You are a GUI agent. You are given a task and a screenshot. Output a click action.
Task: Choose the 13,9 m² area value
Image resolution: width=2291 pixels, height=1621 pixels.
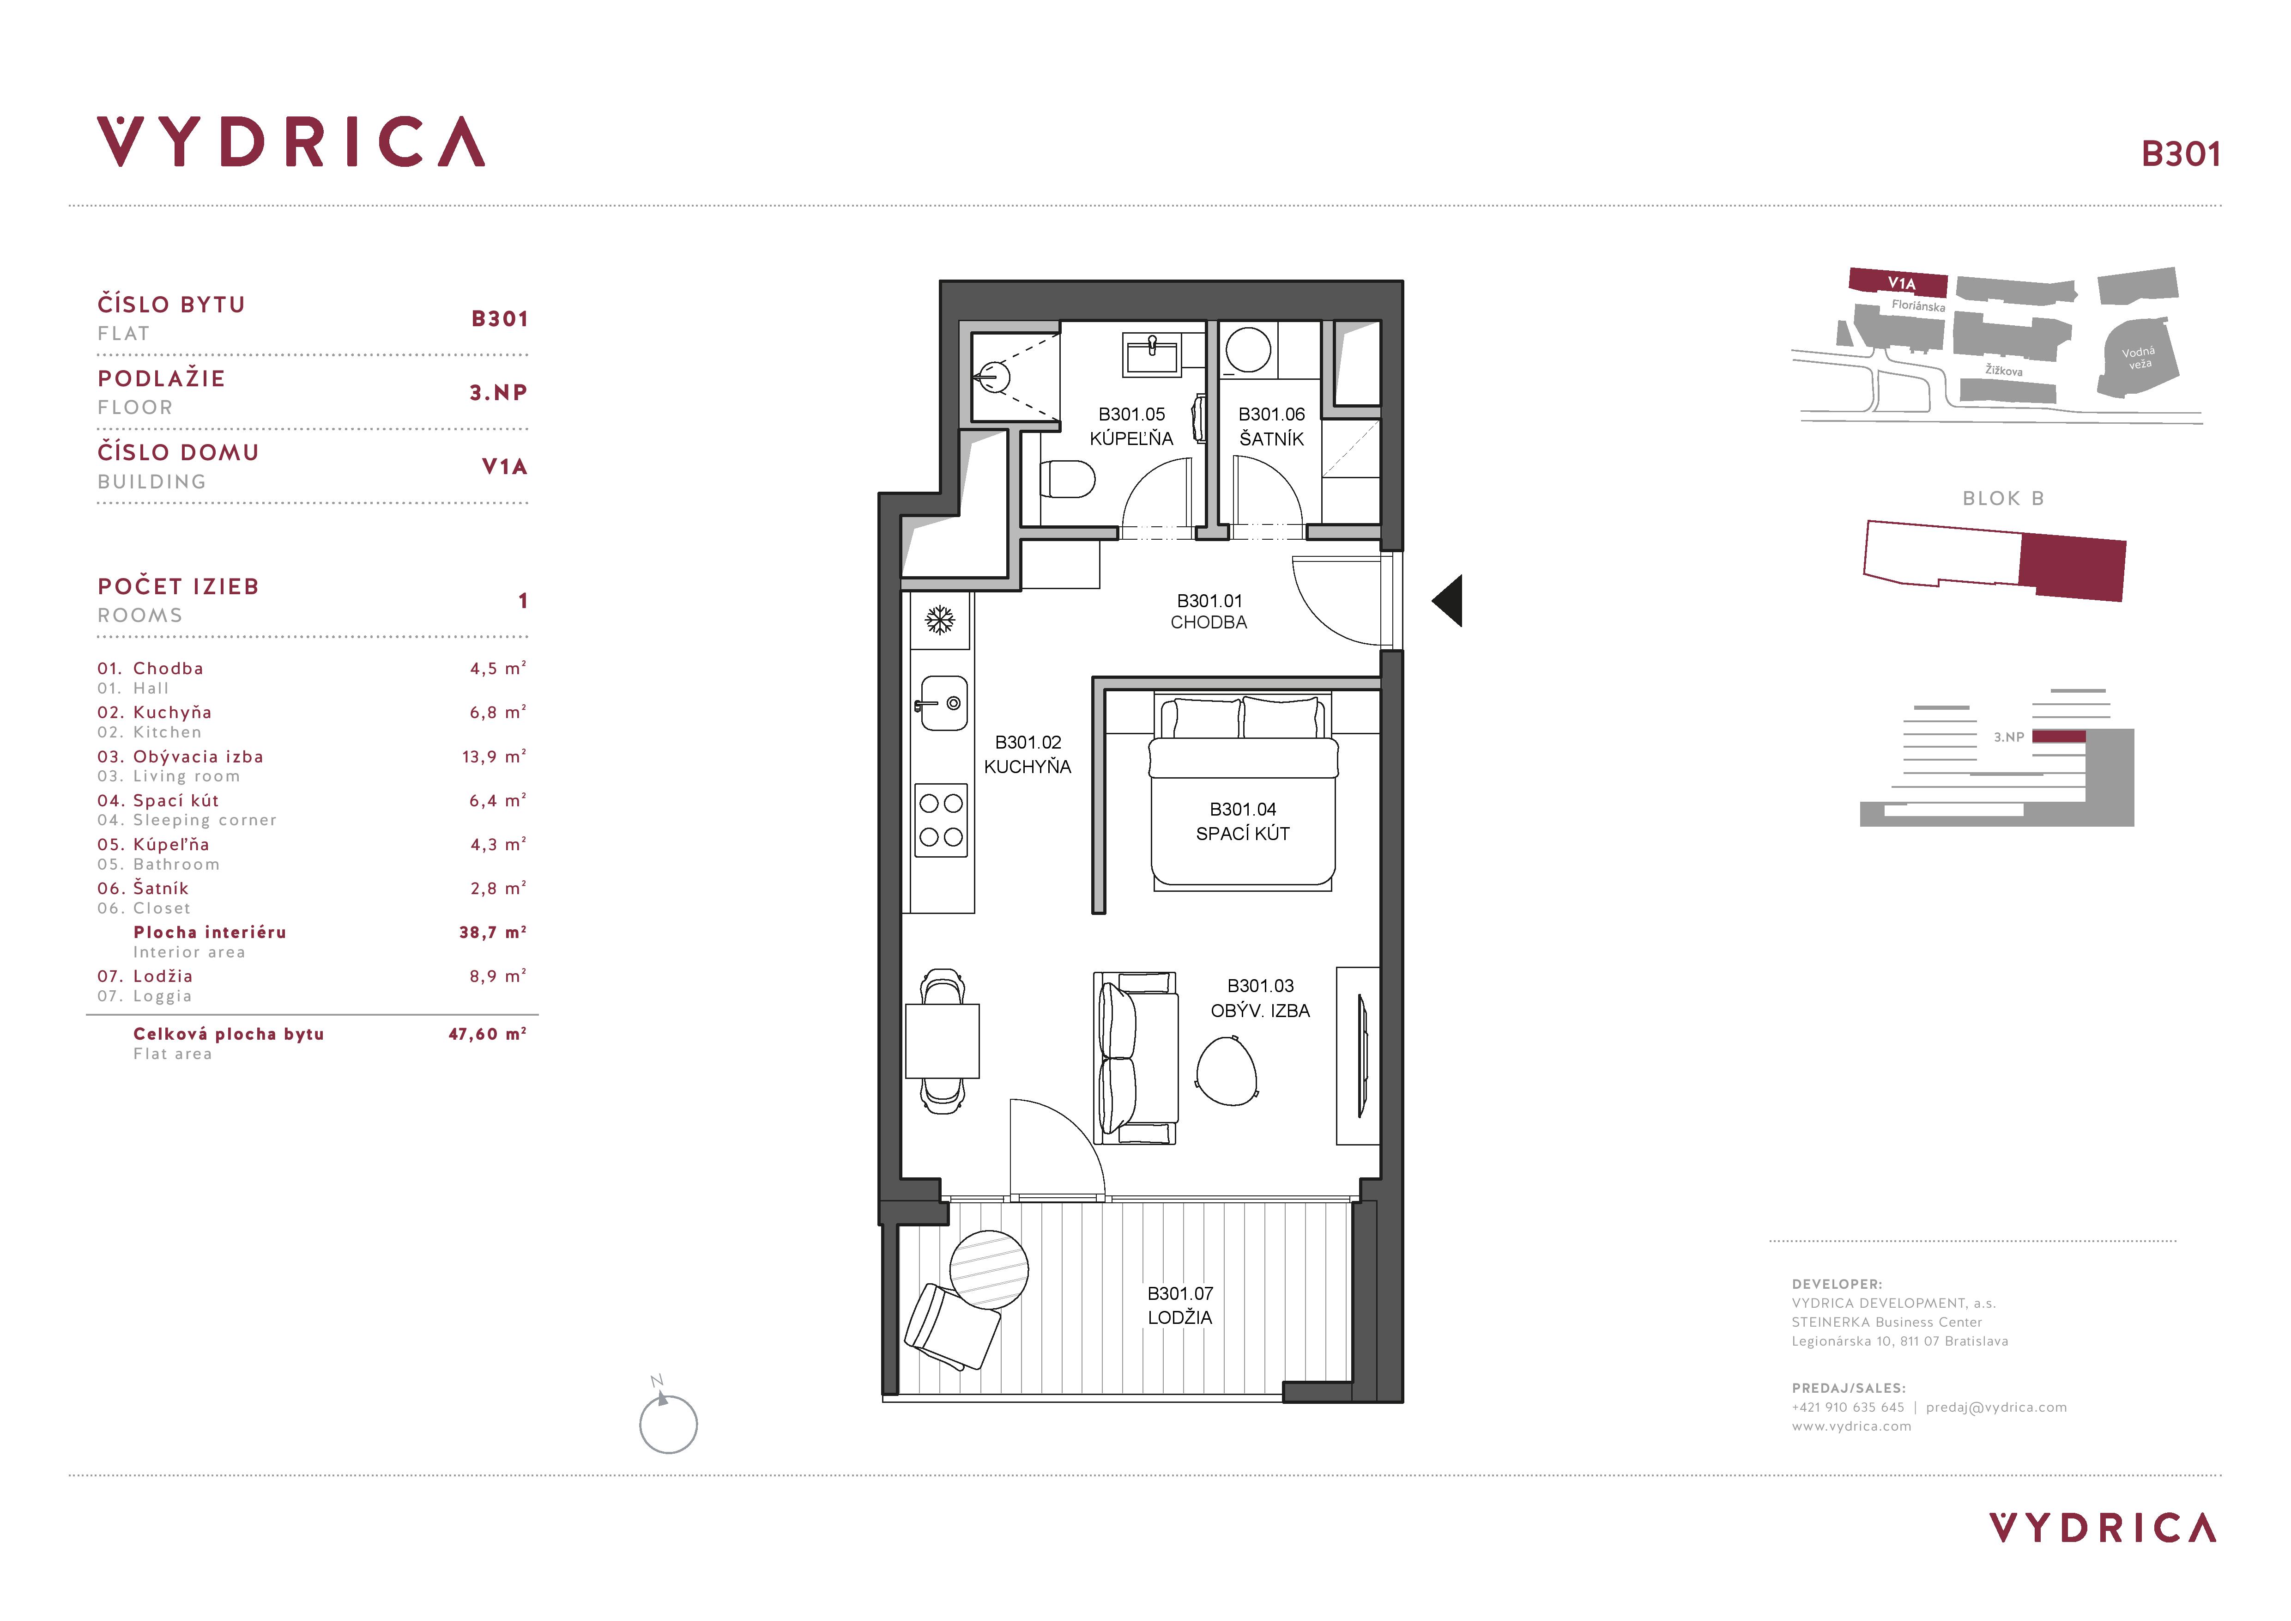pyautogui.click(x=493, y=756)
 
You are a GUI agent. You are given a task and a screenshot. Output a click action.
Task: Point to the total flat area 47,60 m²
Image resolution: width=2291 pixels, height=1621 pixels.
pyautogui.click(x=487, y=1034)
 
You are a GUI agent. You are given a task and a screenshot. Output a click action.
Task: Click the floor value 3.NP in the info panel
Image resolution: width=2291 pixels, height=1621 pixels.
pyautogui.click(x=498, y=392)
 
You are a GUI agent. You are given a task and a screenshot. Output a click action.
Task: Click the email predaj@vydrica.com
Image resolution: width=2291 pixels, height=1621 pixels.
pyautogui.click(x=1995, y=1408)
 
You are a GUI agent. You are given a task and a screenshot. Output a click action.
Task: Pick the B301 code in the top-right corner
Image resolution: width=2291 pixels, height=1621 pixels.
pyautogui.click(x=2181, y=154)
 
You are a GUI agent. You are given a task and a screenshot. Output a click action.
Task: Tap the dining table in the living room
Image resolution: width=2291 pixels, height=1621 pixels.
pyautogui.click(x=942, y=1041)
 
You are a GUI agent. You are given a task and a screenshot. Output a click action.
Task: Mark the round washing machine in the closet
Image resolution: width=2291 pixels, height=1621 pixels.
pyautogui.click(x=1247, y=350)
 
